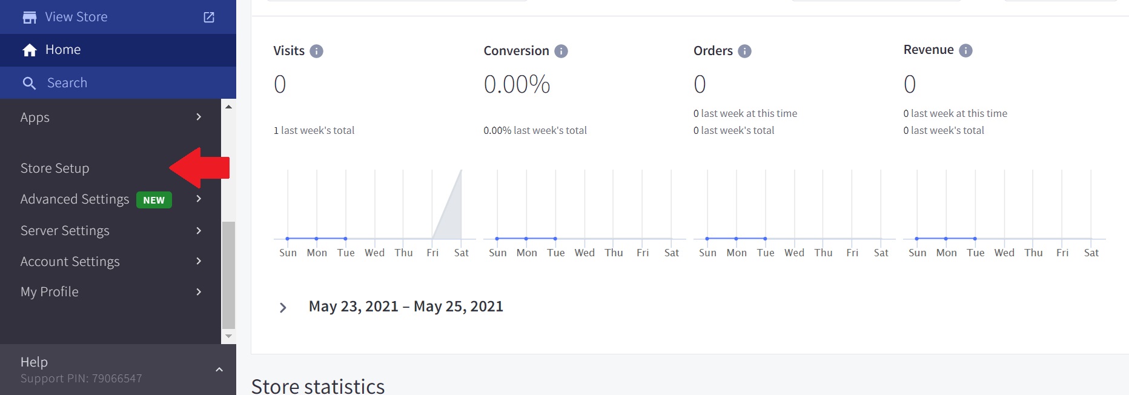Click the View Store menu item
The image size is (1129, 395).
[x=76, y=17]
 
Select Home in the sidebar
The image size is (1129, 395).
[x=63, y=50]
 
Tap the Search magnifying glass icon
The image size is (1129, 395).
[x=29, y=83]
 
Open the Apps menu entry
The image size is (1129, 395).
[x=35, y=118]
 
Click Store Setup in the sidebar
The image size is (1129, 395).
[x=55, y=168]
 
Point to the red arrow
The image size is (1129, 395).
[x=199, y=168]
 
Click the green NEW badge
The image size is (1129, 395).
[x=154, y=200]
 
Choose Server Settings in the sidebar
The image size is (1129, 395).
[x=65, y=231]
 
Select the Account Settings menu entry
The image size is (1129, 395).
[x=70, y=262]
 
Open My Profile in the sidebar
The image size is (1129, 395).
[x=50, y=292]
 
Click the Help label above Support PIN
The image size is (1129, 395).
[x=34, y=362]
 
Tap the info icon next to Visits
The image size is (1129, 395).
[x=316, y=51]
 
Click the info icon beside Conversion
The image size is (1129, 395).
[x=561, y=51]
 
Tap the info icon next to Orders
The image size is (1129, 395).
[x=744, y=51]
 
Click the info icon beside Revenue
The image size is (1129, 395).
[x=966, y=51]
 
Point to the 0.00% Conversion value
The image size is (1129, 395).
[x=517, y=85]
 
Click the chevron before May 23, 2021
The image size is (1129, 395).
[x=283, y=308]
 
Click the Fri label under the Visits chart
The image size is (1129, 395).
[x=432, y=253]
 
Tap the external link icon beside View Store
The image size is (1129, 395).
[x=209, y=17]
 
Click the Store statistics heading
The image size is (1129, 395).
[x=318, y=386]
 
